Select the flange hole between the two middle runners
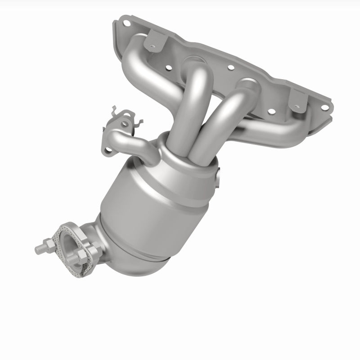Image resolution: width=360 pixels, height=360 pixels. click(230, 67)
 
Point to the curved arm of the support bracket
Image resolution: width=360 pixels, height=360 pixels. click(135, 144)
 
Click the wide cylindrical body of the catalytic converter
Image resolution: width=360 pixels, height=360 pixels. click(148, 198)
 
